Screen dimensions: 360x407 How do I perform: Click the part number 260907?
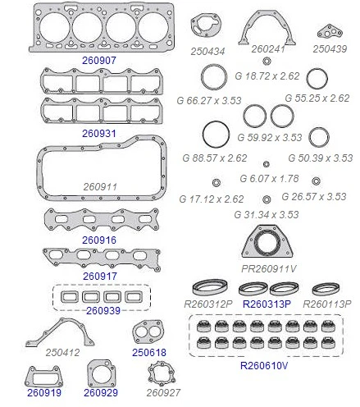click(x=99, y=60)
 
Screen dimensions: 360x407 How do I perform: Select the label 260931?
click(x=99, y=134)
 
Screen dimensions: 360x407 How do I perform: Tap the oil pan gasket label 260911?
click(x=100, y=187)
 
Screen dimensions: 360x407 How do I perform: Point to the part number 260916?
click(x=99, y=240)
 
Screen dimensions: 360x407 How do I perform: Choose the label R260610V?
click(x=264, y=365)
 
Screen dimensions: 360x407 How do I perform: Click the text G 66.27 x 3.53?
click(x=209, y=100)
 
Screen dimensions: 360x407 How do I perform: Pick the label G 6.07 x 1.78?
click(x=269, y=179)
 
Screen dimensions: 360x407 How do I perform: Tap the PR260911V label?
click(x=269, y=269)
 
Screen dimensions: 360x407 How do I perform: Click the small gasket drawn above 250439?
click(x=330, y=32)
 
